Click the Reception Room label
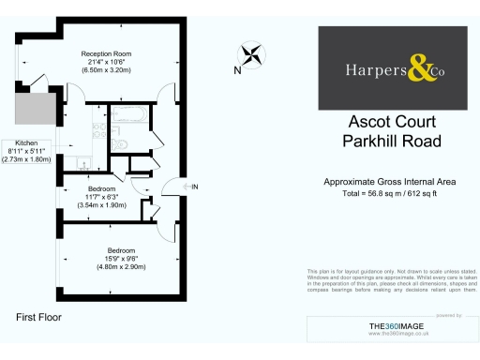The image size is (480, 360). (x=111, y=53)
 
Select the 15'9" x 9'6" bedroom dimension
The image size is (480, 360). (x=120, y=259)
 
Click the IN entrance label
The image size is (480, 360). (x=195, y=187)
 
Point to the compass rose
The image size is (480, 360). (x=250, y=54)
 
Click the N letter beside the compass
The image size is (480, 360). (x=237, y=70)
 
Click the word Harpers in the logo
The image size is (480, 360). (x=373, y=67)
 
